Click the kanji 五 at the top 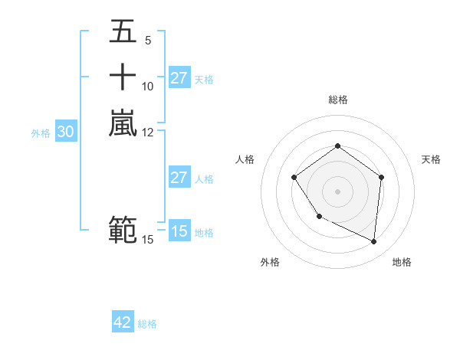(123, 32)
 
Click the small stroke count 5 (147, 41)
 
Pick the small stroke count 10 (148, 87)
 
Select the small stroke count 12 (148, 132)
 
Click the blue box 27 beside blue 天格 (179, 78)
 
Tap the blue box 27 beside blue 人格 (179, 178)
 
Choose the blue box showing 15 (179, 231)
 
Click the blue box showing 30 (66, 132)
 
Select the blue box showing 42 (123, 322)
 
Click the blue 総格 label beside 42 (147, 324)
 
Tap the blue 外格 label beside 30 (41, 133)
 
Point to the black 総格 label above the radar (337, 100)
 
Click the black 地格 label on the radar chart (402, 262)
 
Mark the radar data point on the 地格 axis (374, 242)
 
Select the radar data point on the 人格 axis (294, 178)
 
